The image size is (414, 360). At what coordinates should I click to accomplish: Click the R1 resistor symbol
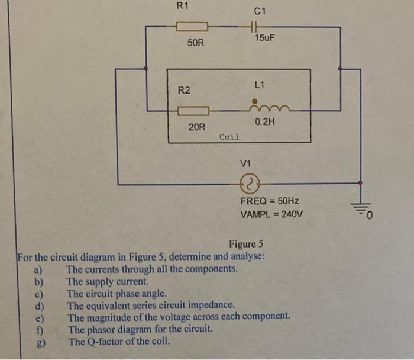click(x=192, y=27)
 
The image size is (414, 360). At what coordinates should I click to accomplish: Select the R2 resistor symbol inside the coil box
click(x=193, y=110)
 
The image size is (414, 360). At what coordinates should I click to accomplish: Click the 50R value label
click(x=196, y=43)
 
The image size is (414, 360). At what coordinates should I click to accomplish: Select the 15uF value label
click(x=264, y=38)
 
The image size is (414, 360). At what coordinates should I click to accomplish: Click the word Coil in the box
click(x=229, y=137)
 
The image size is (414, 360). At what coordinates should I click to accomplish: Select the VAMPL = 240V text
click(x=271, y=214)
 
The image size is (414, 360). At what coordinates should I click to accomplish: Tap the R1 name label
click(x=183, y=6)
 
